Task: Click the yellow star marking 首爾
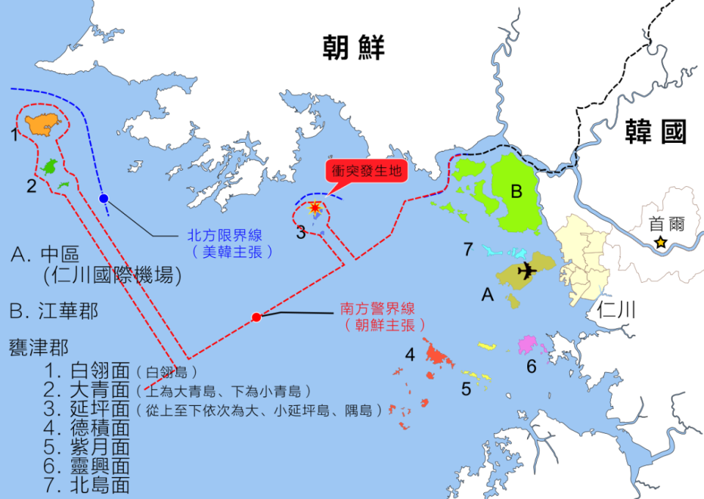(x=661, y=242)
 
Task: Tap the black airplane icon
(x=527, y=270)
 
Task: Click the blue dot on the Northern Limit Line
(x=103, y=199)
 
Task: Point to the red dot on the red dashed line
(x=256, y=317)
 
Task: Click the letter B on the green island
(x=516, y=192)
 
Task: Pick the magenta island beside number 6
(x=529, y=344)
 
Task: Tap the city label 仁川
(x=615, y=310)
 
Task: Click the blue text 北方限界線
(x=224, y=235)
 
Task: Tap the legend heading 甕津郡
(x=38, y=347)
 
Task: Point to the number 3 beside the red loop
(x=301, y=233)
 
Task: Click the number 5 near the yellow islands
(x=466, y=389)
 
